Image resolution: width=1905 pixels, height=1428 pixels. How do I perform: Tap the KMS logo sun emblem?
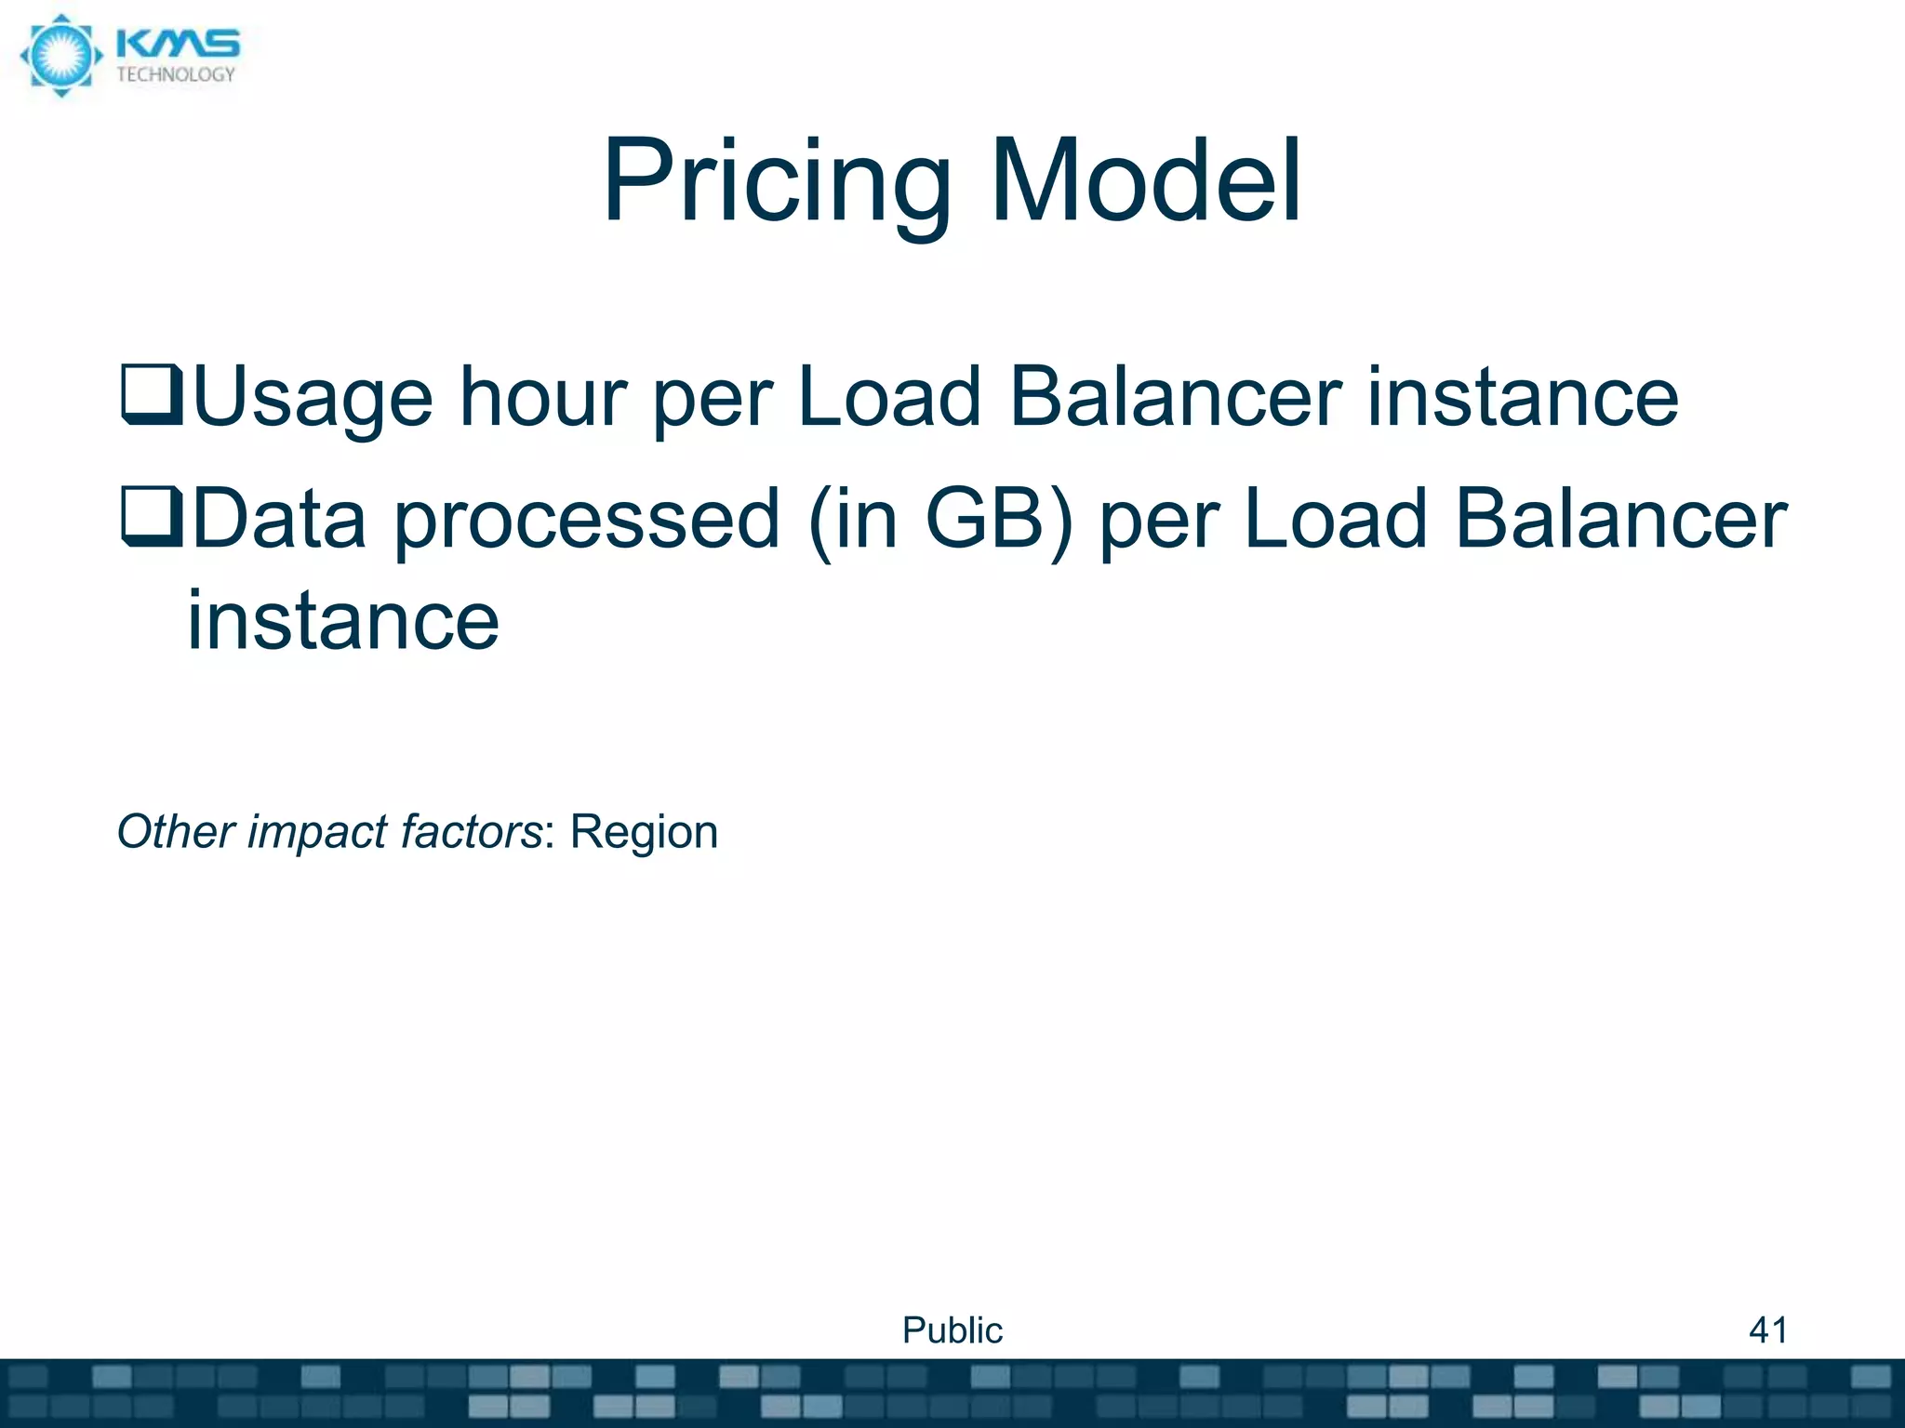tap(60, 56)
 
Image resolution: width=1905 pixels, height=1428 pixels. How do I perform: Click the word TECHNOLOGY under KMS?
tap(176, 75)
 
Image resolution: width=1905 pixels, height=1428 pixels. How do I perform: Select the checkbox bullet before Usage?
tap(152, 395)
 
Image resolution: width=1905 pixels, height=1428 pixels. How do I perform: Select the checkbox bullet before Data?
tap(152, 516)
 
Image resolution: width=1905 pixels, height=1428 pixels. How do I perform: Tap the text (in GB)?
tap(940, 519)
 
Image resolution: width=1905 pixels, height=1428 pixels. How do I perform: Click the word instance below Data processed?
tap(343, 621)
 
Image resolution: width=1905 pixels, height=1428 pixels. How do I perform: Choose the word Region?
tap(644, 831)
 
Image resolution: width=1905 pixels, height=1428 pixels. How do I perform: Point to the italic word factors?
tap(471, 831)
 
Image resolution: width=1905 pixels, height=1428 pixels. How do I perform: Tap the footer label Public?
tap(952, 1330)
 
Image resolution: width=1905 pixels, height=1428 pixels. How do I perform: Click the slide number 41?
tap(1767, 1330)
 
